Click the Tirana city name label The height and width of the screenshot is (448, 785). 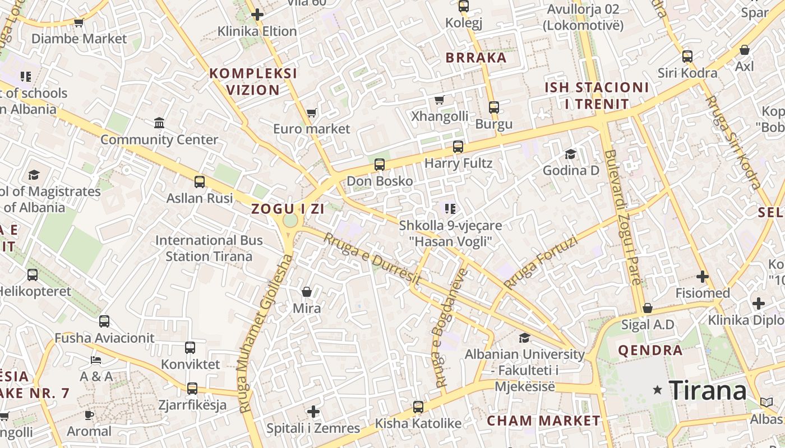pos(708,390)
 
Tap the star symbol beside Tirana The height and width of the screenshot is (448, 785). pos(657,390)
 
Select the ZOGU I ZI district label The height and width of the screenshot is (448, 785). pos(288,209)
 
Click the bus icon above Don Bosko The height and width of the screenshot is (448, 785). pos(380,165)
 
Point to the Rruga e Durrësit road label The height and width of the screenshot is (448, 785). pos(372,258)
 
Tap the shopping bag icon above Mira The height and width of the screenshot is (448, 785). pos(307,292)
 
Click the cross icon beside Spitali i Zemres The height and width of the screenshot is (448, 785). pos(313,412)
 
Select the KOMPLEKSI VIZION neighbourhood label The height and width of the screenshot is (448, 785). pos(253,82)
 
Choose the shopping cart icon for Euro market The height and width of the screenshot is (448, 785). pos(312,113)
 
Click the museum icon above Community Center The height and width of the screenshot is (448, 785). pos(159,123)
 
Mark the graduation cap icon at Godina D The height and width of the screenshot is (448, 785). pos(571,154)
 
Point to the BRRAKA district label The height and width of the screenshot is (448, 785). pos(476,58)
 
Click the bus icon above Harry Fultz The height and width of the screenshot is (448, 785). pos(458,147)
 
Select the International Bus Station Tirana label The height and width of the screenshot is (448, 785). pos(209,248)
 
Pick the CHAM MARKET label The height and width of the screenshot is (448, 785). pos(543,421)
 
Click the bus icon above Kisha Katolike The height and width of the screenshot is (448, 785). pos(418,407)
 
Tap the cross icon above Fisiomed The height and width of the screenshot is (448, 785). pos(703,277)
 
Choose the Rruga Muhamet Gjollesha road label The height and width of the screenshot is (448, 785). pos(265,334)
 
